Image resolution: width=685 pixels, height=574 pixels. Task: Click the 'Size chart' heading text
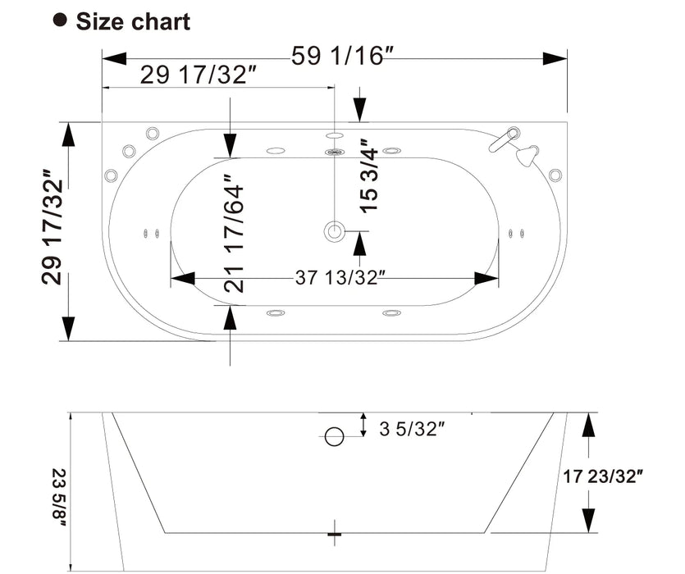click(x=133, y=21)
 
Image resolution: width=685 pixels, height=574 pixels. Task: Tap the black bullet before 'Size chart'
click(x=60, y=20)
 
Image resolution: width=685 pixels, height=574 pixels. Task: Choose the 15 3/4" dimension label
click(x=369, y=175)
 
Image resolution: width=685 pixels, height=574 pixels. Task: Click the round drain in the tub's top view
click(x=334, y=231)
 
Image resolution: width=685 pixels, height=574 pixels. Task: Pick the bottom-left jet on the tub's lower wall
click(x=275, y=312)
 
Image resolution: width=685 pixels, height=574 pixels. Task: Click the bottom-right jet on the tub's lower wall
click(x=392, y=312)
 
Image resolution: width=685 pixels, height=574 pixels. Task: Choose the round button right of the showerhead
click(x=555, y=174)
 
